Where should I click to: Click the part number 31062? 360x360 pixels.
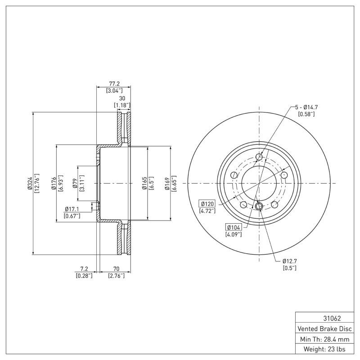pos(326,318)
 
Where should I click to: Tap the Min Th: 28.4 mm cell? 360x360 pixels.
pos(326,338)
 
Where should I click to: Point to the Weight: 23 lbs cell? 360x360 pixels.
pos(326,349)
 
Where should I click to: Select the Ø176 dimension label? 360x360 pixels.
pos(53,184)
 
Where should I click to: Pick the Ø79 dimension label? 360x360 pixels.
pos(75,184)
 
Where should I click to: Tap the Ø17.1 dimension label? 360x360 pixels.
pos(72,209)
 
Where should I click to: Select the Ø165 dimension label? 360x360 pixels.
pos(144,184)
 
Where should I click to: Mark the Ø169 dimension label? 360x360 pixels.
pos(167,184)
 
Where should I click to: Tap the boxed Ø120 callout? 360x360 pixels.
pos(207,204)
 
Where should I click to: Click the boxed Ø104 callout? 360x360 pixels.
pos(234,228)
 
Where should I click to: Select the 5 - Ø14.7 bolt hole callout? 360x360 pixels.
pos(306,107)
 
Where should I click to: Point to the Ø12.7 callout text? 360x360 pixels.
pos(291,261)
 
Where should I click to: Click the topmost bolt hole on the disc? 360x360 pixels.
pos(259,157)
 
